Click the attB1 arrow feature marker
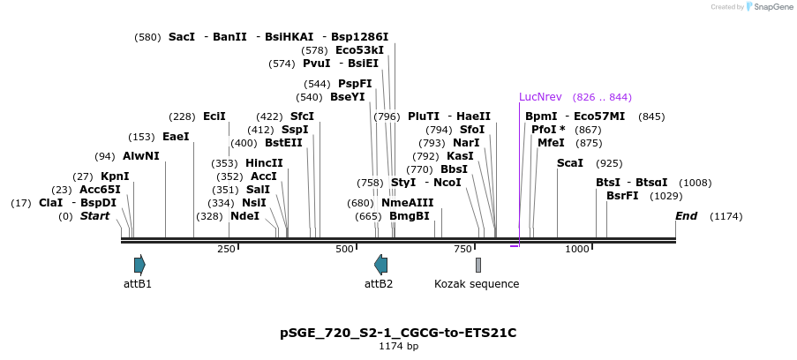[x=139, y=265]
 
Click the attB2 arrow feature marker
[x=380, y=265]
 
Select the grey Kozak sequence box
[x=478, y=265]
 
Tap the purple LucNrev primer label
[x=540, y=97]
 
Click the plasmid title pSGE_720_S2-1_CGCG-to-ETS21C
[x=398, y=333]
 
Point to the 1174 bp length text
[x=398, y=347]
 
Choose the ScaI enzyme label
[x=570, y=163]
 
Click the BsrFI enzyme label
[x=622, y=196]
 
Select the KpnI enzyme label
[x=115, y=176]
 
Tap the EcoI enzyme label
[x=214, y=116]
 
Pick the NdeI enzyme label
[x=245, y=216]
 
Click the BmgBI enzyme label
[x=410, y=216]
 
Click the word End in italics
[x=687, y=216]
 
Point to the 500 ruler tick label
[x=345, y=250]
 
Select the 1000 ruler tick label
[x=577, y=250]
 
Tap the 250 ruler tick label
[x=226, y=250]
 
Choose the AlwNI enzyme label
[x=141, y=156]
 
